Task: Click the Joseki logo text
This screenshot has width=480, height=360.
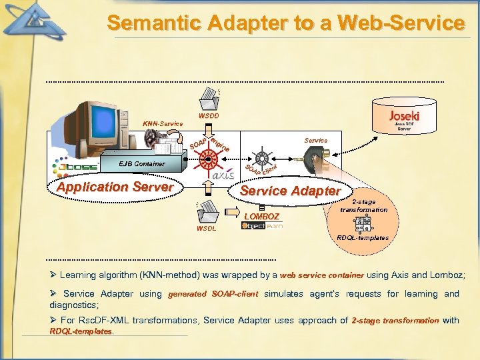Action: pos(404,115)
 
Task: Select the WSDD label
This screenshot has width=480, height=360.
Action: pos(209,116)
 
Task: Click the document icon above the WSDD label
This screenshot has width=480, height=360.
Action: pos(210,99)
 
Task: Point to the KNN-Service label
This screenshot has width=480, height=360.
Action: pos(163,124)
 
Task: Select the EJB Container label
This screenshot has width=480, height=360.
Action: pos(142,163)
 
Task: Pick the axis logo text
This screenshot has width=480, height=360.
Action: pos(223,176)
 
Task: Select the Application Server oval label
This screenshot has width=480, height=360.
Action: pos(115,187)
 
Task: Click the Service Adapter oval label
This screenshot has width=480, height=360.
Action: pos(290,191)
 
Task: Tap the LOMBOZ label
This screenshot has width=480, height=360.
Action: pos(262,217)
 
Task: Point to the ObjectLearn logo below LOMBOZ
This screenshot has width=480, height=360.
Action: pos(262,226)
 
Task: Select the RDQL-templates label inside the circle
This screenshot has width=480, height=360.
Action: pos(363,237)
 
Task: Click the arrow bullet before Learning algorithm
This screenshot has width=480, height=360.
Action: pos(53,275)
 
